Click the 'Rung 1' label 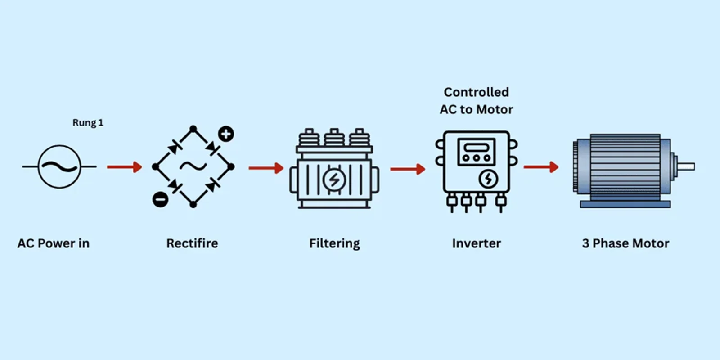coord(88,123)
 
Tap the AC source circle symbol coord(59,166)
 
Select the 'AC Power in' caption coord(54,243)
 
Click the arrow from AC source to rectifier coord(124,167)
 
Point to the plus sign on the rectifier coord(226,134)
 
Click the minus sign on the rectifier coord(160,199)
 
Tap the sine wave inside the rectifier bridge coord(193,166)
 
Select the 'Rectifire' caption coord(192,243)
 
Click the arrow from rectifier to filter coord(266,168)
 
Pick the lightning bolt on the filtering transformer coord(334,180)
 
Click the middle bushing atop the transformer coord(334,137)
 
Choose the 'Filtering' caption coord(334,243)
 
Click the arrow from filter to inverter coord(408,169)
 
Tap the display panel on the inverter coord(476,152)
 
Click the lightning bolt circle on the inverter coord(488,179)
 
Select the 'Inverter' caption coord(476,243)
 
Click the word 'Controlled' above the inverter coord(476,92)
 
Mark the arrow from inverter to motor coord(541,167)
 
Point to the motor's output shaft coord(686,166)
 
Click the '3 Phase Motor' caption coord(625,243)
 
